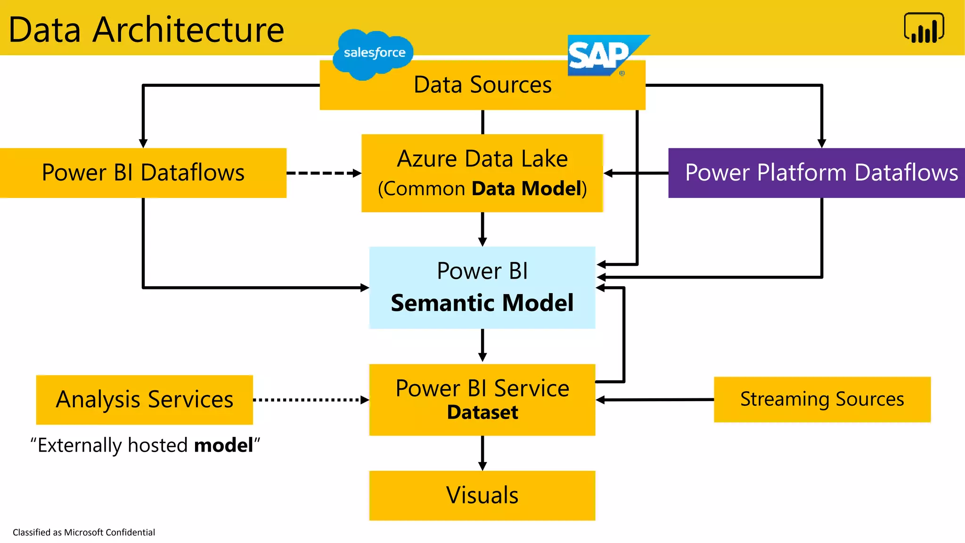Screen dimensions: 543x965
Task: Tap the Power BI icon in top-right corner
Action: pyautogui.click(x=924, y=28)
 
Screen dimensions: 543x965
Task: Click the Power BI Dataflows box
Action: pyautogui.click(x=143, y=173)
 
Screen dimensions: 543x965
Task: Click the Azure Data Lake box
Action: pyautogui.click(x=482, y=173)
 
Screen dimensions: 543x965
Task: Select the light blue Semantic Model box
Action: pyautogui.click(x=482, y=287)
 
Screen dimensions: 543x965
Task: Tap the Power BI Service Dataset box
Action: pyautogui.click(x=482, y=399)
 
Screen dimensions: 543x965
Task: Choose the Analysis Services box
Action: pyautogui.click(x=144, y=399)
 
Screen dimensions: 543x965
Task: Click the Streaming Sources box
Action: pyautogui.click(x=822, y=399)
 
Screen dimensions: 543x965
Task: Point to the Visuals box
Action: pyautogui.click(x=482, y=495)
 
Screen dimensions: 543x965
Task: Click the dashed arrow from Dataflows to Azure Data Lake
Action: pyautogui.click(x=323, y=173)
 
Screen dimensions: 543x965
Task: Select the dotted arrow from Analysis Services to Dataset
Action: pyautogui.click(x=310, y=400)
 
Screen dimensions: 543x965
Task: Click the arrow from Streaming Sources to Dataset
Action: pyautogui.click(x=655, y=400)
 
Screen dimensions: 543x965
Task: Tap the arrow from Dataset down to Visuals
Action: pyautogui.click(x=482, y=452)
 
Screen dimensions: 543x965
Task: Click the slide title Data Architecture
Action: pyautogui.click(x=147, y=29)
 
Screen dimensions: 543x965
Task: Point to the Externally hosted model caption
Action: pyautogui.click(x=145, y=445)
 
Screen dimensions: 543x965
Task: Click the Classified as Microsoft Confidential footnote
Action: pyautogui.click(x=84, y=532)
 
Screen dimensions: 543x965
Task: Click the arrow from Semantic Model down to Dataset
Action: pyautogui.click(x=482, y=345)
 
